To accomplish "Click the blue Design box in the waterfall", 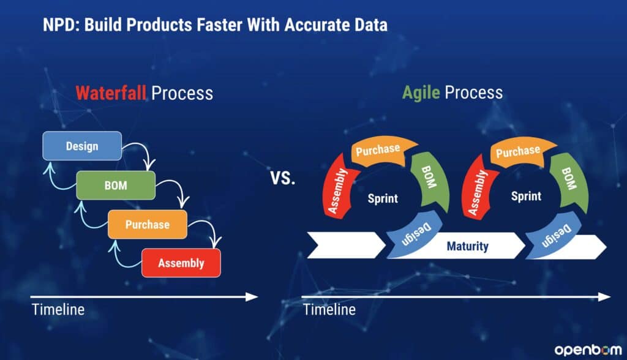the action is click(x=82, y=146).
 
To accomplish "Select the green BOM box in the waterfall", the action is click(x=116, y=185).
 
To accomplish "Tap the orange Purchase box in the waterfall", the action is click(x=147, y=225).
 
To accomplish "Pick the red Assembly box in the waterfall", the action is click(x=181, y=263).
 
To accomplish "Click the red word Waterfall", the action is click(x=111, y=93).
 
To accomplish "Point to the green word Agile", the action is click(x=421, y=93).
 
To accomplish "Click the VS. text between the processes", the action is click(x=283, y=178).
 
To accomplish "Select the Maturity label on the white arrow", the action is click(x=467, y=246).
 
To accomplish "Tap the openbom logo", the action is click(x=588, y=350).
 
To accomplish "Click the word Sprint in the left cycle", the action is click(x=383, y=198).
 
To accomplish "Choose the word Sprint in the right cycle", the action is click(x=526, y=196).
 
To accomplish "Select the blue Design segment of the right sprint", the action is click(x=554, y=236).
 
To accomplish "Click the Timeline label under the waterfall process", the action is click(x=58, y=310).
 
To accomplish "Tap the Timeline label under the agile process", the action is click(x=329, y=310).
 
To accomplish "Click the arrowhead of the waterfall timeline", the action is click(x=252, y=297).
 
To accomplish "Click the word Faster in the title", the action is click(x=220, y=25).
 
